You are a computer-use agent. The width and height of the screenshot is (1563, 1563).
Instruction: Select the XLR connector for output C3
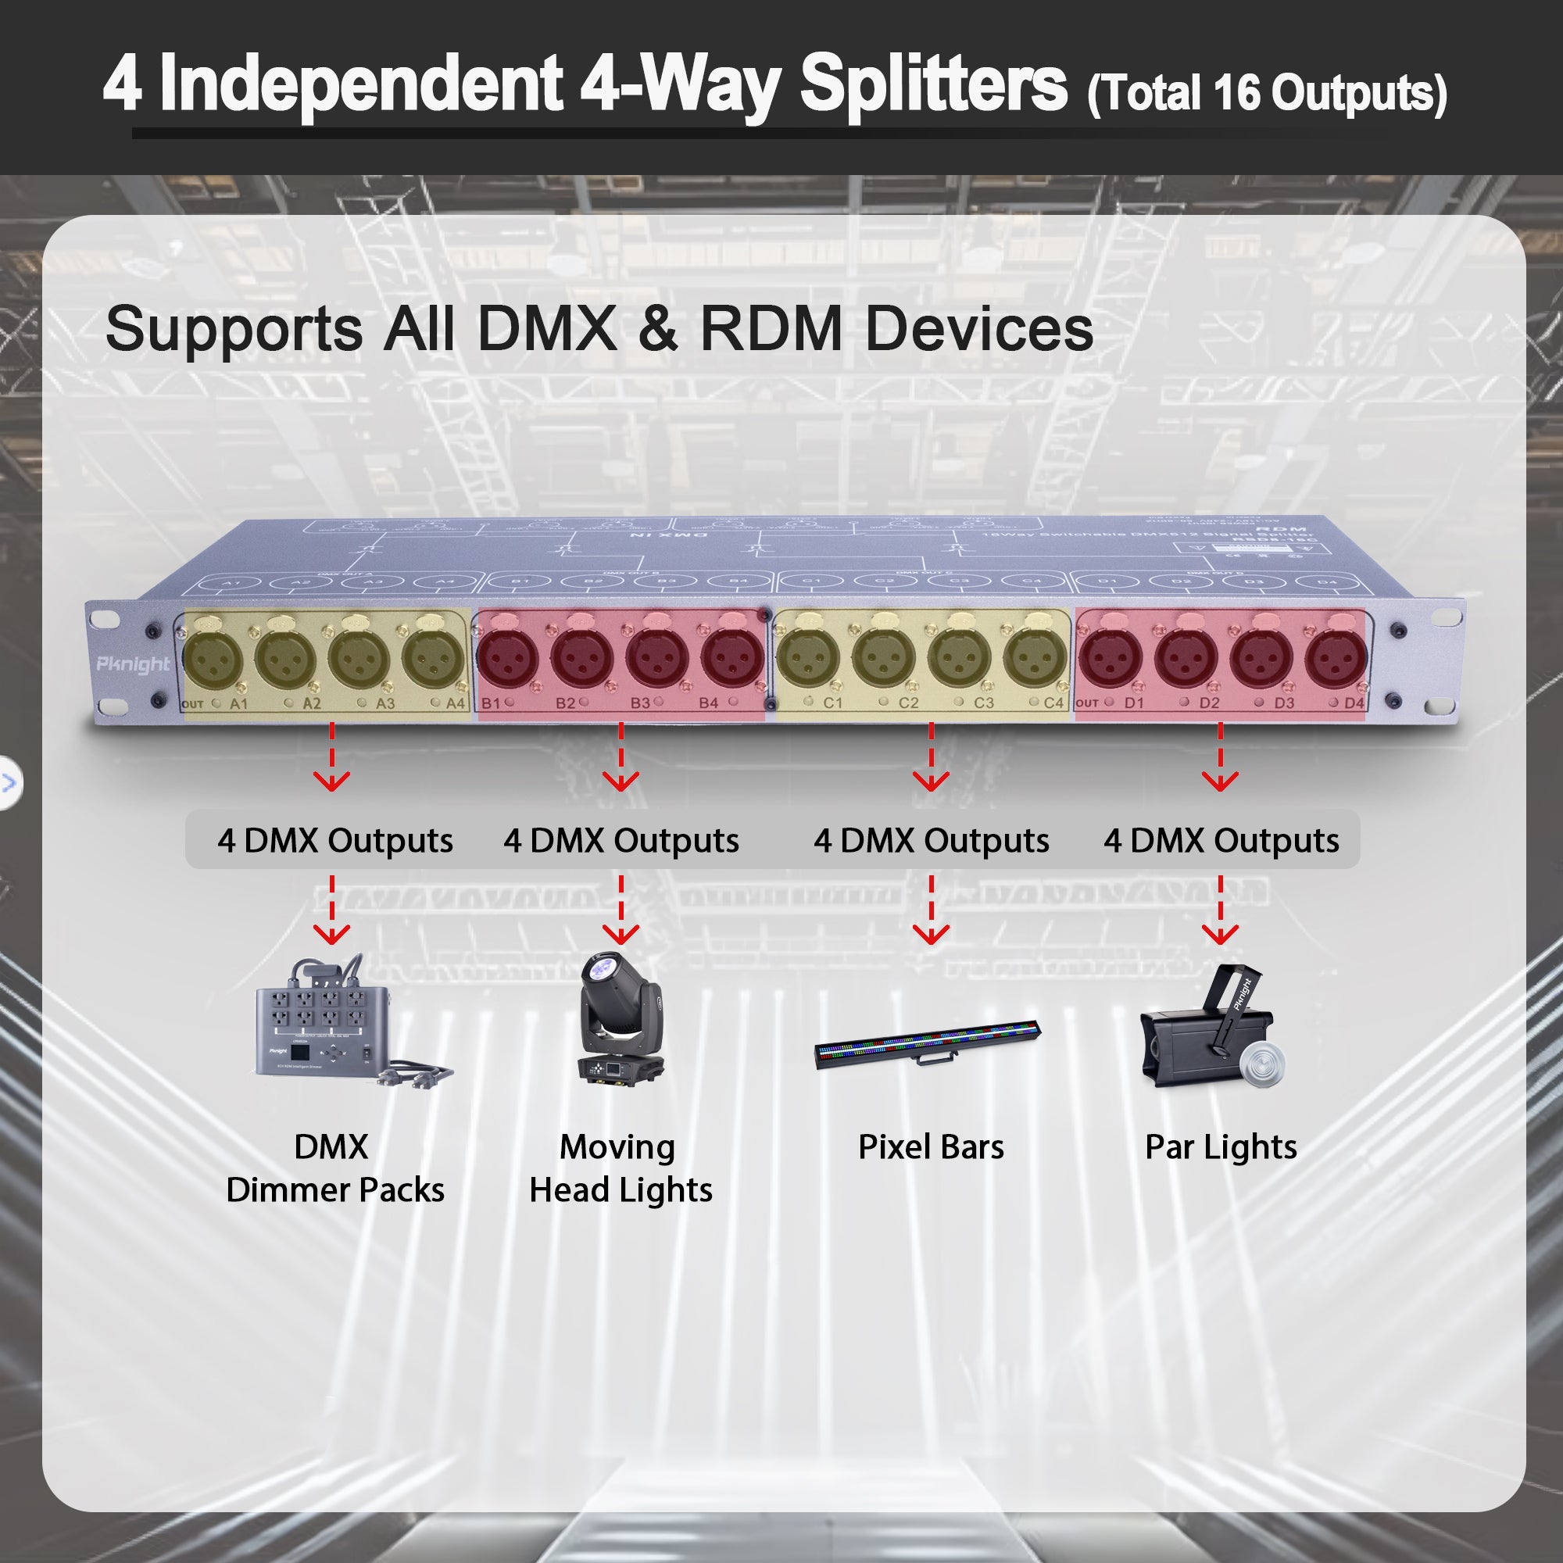pos(959,658)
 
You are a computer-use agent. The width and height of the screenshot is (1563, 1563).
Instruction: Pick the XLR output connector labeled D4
pos(1335,657)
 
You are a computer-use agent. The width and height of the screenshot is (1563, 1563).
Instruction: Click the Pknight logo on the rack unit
pos(134,664)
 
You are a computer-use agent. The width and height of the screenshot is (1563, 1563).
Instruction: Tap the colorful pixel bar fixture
pos(928,1045)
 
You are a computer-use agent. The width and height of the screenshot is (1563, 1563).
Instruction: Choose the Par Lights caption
pos(1220,1147)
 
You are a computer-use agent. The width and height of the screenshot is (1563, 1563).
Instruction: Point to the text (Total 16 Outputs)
pos(1267,94)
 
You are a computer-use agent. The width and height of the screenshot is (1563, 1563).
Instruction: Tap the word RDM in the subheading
pos(771,329)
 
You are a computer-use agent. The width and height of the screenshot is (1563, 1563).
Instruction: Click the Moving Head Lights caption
pos(620,1168)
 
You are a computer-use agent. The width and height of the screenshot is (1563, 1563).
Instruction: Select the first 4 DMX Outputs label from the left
pos(335,841)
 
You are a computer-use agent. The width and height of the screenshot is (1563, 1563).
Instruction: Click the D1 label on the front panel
pos(1134,703)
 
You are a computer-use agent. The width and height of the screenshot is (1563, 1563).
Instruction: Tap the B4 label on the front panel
pos(708,703)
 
